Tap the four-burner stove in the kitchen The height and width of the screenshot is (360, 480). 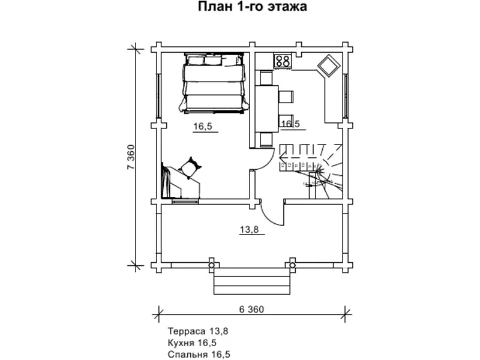pos(283,61)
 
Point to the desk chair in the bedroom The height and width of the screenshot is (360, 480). pos(191,166)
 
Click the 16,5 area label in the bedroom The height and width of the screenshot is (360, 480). pos(202,126)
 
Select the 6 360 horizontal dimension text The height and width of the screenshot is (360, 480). pos(251,310)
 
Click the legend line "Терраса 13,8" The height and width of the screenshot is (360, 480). pos(198,331)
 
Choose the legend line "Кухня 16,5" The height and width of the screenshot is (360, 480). pos(192,343)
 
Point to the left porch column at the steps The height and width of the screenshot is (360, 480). pos(211,264)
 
